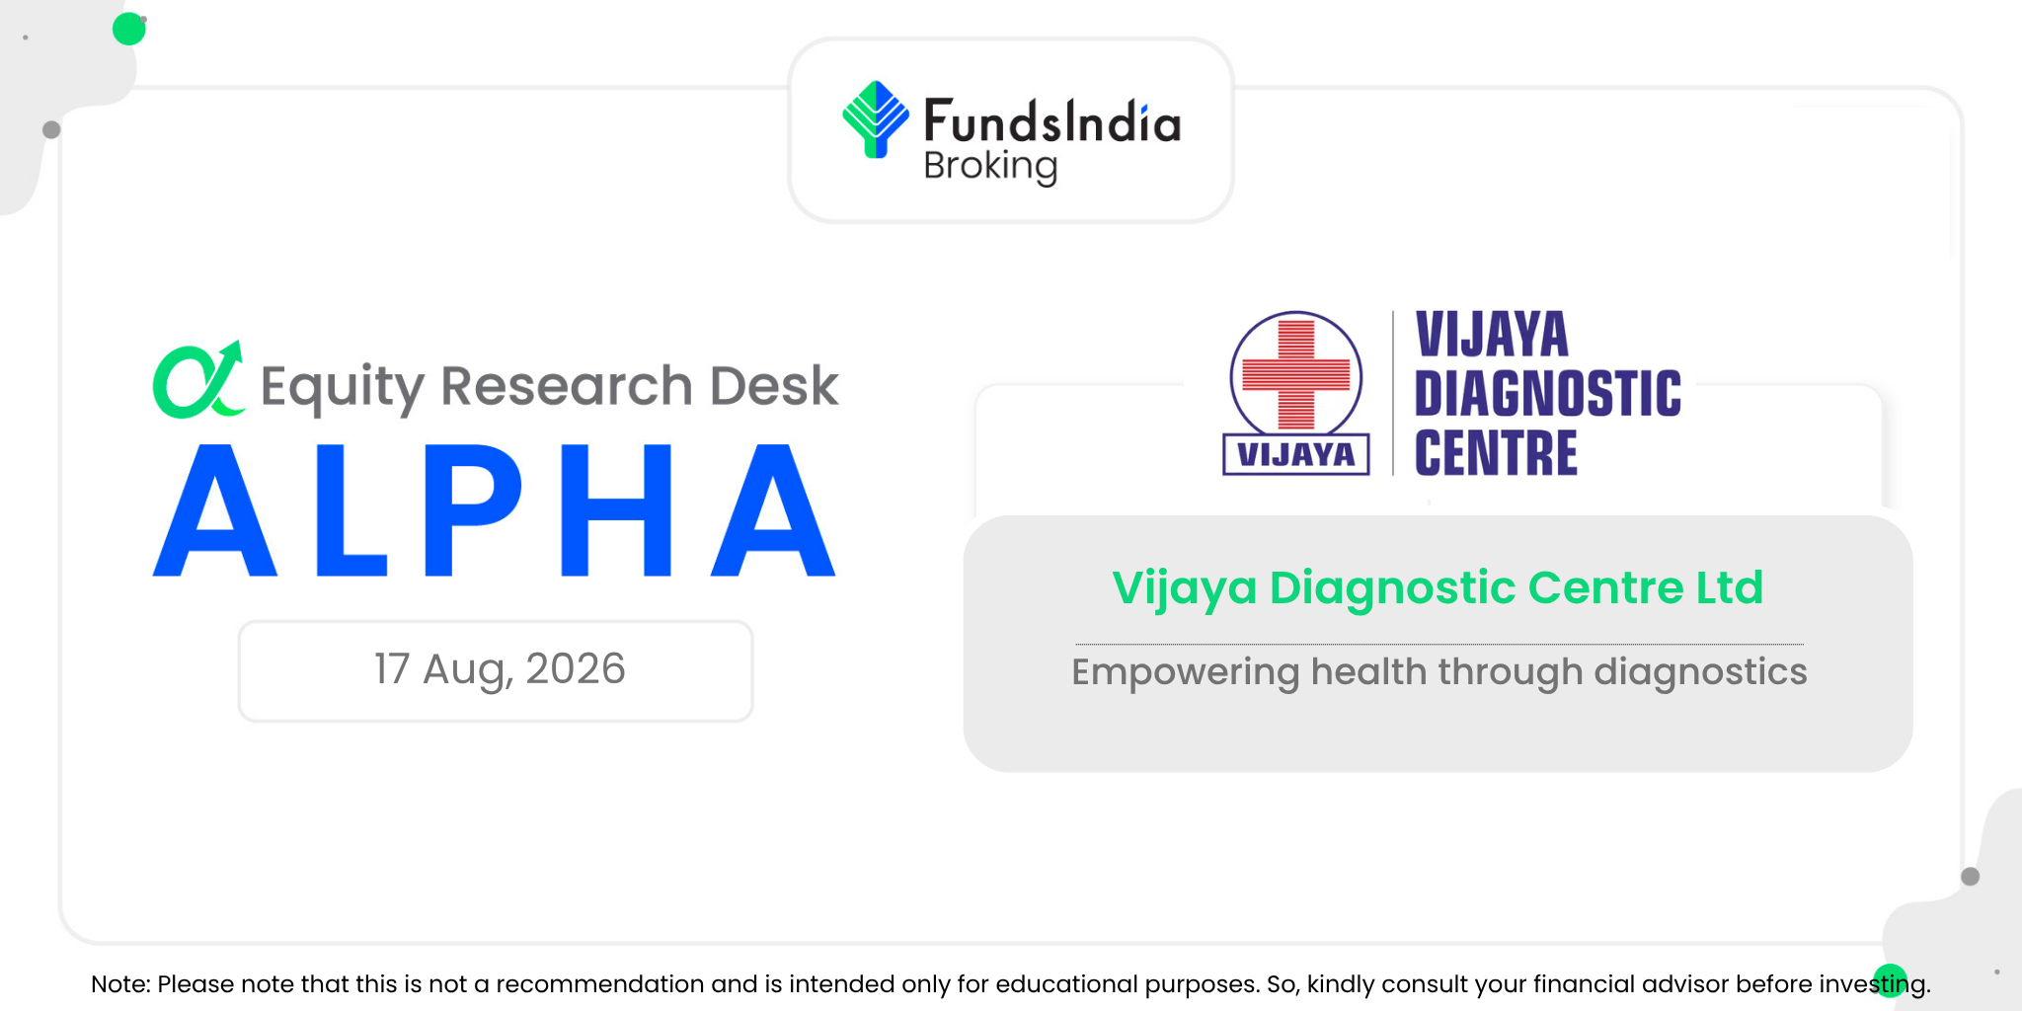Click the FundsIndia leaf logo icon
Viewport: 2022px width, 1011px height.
876,119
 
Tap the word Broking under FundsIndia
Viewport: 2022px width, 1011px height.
990,166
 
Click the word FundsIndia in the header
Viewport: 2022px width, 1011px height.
1052,121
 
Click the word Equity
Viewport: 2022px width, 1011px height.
343,387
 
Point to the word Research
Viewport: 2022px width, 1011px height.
567,385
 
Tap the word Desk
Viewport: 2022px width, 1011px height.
774,385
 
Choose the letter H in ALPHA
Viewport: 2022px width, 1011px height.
616,509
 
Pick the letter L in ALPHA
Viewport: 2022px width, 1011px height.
350,509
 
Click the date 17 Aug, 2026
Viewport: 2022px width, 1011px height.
500,669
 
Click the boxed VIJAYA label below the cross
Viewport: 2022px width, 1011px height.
1296,454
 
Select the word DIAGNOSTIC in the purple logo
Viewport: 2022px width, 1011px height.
1547,394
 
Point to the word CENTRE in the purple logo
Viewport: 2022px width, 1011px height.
1496,453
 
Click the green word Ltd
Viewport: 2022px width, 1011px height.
1730,588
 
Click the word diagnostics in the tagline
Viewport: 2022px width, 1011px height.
1700,671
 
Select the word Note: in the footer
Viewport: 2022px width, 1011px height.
120,984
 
